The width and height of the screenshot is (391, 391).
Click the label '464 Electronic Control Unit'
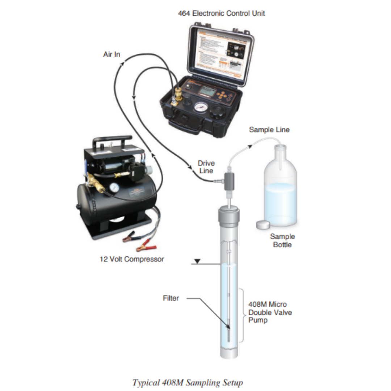pyautogui.click(x=221, y=13)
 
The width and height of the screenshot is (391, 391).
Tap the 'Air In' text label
pyautogui.click(x=112, y=54)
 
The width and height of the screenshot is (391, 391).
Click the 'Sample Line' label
pyautogui.click(x=269, y=130)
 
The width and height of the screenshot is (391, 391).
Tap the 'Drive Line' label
pyautogui.click(x=206, y=167)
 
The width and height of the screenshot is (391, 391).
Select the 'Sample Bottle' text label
pyautogui.click(x=282, y=241)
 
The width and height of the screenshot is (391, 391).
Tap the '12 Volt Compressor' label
pyautogui.click(x=132, y=259)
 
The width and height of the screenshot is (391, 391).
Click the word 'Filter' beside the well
pyautogui.click(x=171, y=298)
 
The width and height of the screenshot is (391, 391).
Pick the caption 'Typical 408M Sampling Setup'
pyautogui.click(x=188, y=382)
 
